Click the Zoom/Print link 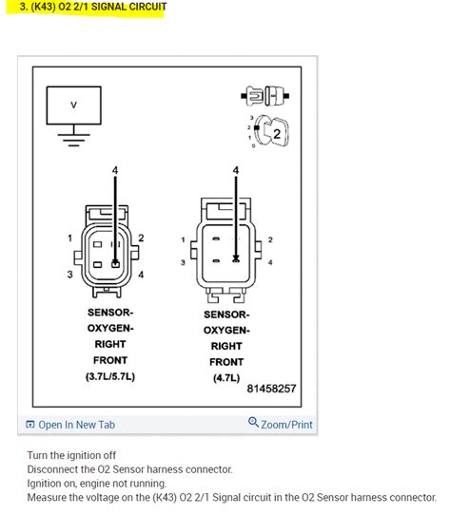281,424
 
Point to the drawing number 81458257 271,389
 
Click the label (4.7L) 226,377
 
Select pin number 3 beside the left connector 69,276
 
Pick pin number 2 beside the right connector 269,239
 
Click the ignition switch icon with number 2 271,133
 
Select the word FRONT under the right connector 226,362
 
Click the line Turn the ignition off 71,455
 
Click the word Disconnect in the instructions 53,469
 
